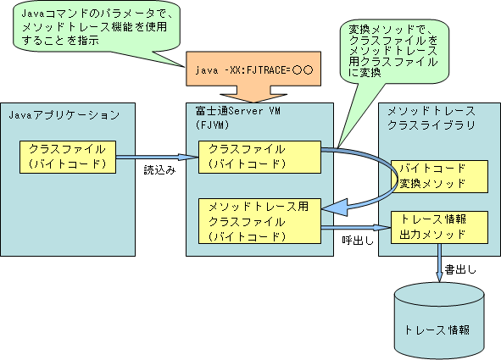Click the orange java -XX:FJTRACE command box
click(x=253, y=69)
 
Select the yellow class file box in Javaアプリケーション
click(x=68, y=157)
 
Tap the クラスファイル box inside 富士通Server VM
click(x=259, y=157)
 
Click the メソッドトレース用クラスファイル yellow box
click(x=259, y=221)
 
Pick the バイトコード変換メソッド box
click(x=440, y=176)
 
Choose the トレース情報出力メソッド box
click(x=440, y=227)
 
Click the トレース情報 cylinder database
click(x=440, y=321)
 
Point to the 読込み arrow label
click(x=159, y=170)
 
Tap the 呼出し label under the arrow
click(x=358, y=241)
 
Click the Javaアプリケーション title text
click(x=64, y=115)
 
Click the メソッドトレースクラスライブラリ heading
click(x=431, y=118)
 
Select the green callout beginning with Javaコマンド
click(x=97, y=26)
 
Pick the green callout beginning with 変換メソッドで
click(x=394, y=51)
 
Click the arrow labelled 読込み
click(x=157, y=157)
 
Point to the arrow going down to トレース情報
click(x=440, y=263)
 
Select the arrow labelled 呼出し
click(x=356, y=228)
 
